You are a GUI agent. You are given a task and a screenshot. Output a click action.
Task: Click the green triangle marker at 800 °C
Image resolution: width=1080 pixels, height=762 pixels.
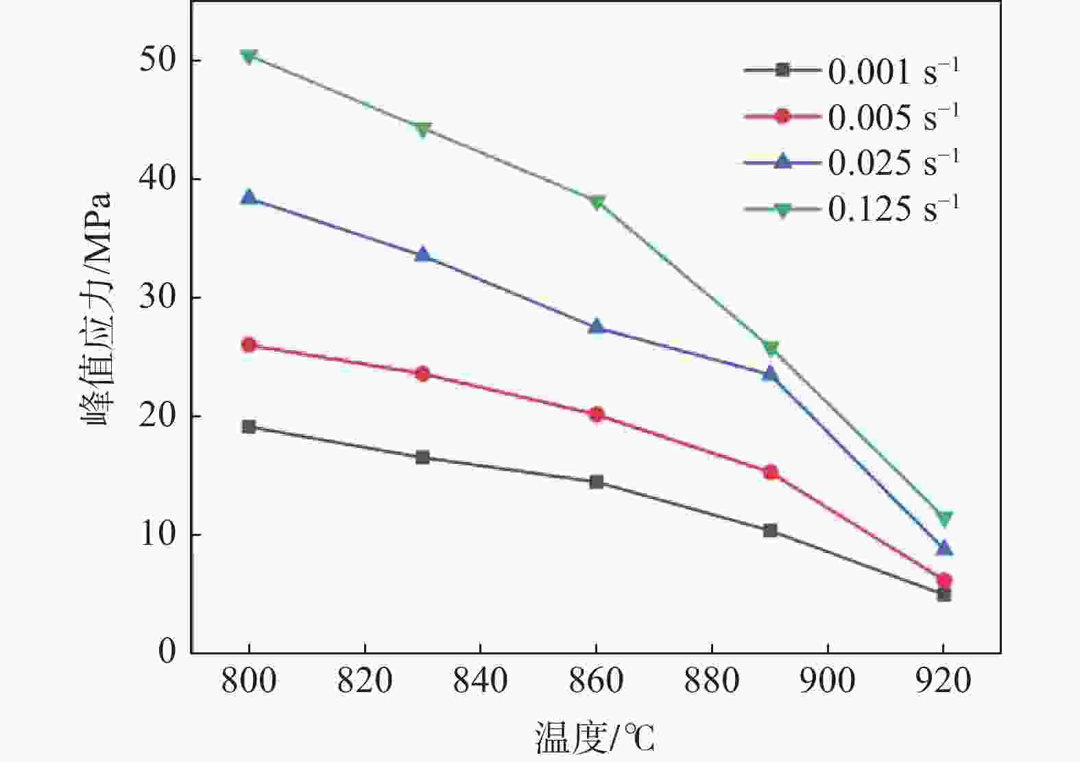point(249,56)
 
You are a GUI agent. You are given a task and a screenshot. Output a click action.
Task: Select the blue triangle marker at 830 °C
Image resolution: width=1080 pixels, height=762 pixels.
point(422,255)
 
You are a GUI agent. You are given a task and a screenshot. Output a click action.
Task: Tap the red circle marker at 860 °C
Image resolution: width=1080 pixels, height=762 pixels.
point(597,414)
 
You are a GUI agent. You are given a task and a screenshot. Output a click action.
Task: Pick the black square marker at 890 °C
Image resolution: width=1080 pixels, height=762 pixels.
point(770,530)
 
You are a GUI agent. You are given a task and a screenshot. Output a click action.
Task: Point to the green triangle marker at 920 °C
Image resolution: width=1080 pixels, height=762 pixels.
point(944,518)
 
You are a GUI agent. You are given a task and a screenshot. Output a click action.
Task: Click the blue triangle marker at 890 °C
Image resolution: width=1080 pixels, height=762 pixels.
point(770,373)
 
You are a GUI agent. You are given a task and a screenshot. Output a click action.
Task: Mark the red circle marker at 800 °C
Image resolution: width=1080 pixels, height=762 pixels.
point(249,345)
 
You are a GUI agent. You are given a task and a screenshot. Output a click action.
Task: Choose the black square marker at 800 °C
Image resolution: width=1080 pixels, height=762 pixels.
point(249,427)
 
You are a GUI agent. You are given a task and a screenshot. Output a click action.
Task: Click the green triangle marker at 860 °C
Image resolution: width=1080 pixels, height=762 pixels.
point(597,202)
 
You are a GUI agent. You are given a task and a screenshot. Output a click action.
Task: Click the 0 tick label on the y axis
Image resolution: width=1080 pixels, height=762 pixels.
point(167,652)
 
